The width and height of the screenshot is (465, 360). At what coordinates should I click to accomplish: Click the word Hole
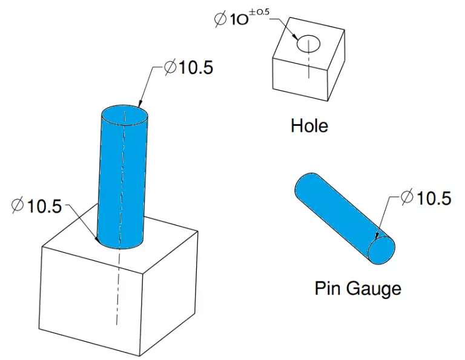[x=309, y=126]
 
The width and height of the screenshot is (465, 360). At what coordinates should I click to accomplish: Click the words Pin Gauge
[x=357, y=288]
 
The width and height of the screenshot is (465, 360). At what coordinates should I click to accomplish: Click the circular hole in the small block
[x=308, y=45]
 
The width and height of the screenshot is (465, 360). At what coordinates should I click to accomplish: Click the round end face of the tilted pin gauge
[x=383, y=249]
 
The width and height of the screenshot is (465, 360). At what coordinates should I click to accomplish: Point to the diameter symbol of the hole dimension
[x=220, y=19]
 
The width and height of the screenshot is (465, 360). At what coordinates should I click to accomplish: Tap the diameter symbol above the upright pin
[x=170, y=68]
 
